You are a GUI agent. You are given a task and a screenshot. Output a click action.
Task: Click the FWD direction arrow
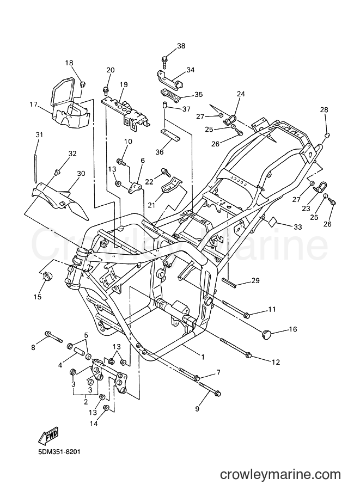click(x=48, y=435)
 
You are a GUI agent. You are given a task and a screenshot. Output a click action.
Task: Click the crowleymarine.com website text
click(x=280, y=475)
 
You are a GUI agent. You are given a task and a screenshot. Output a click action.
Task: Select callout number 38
click(x=181, y=46)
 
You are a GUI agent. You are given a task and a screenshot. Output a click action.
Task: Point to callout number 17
click(x=34, y=105)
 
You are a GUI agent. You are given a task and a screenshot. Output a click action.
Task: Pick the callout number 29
click(x=255, y=280)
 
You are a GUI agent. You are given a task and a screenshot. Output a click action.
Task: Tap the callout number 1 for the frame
click(x=203, y=357)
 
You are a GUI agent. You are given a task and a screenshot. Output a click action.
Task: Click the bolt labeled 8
click(x=54, y=337)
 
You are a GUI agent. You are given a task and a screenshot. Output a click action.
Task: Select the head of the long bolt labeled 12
click(x=248, y=356)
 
